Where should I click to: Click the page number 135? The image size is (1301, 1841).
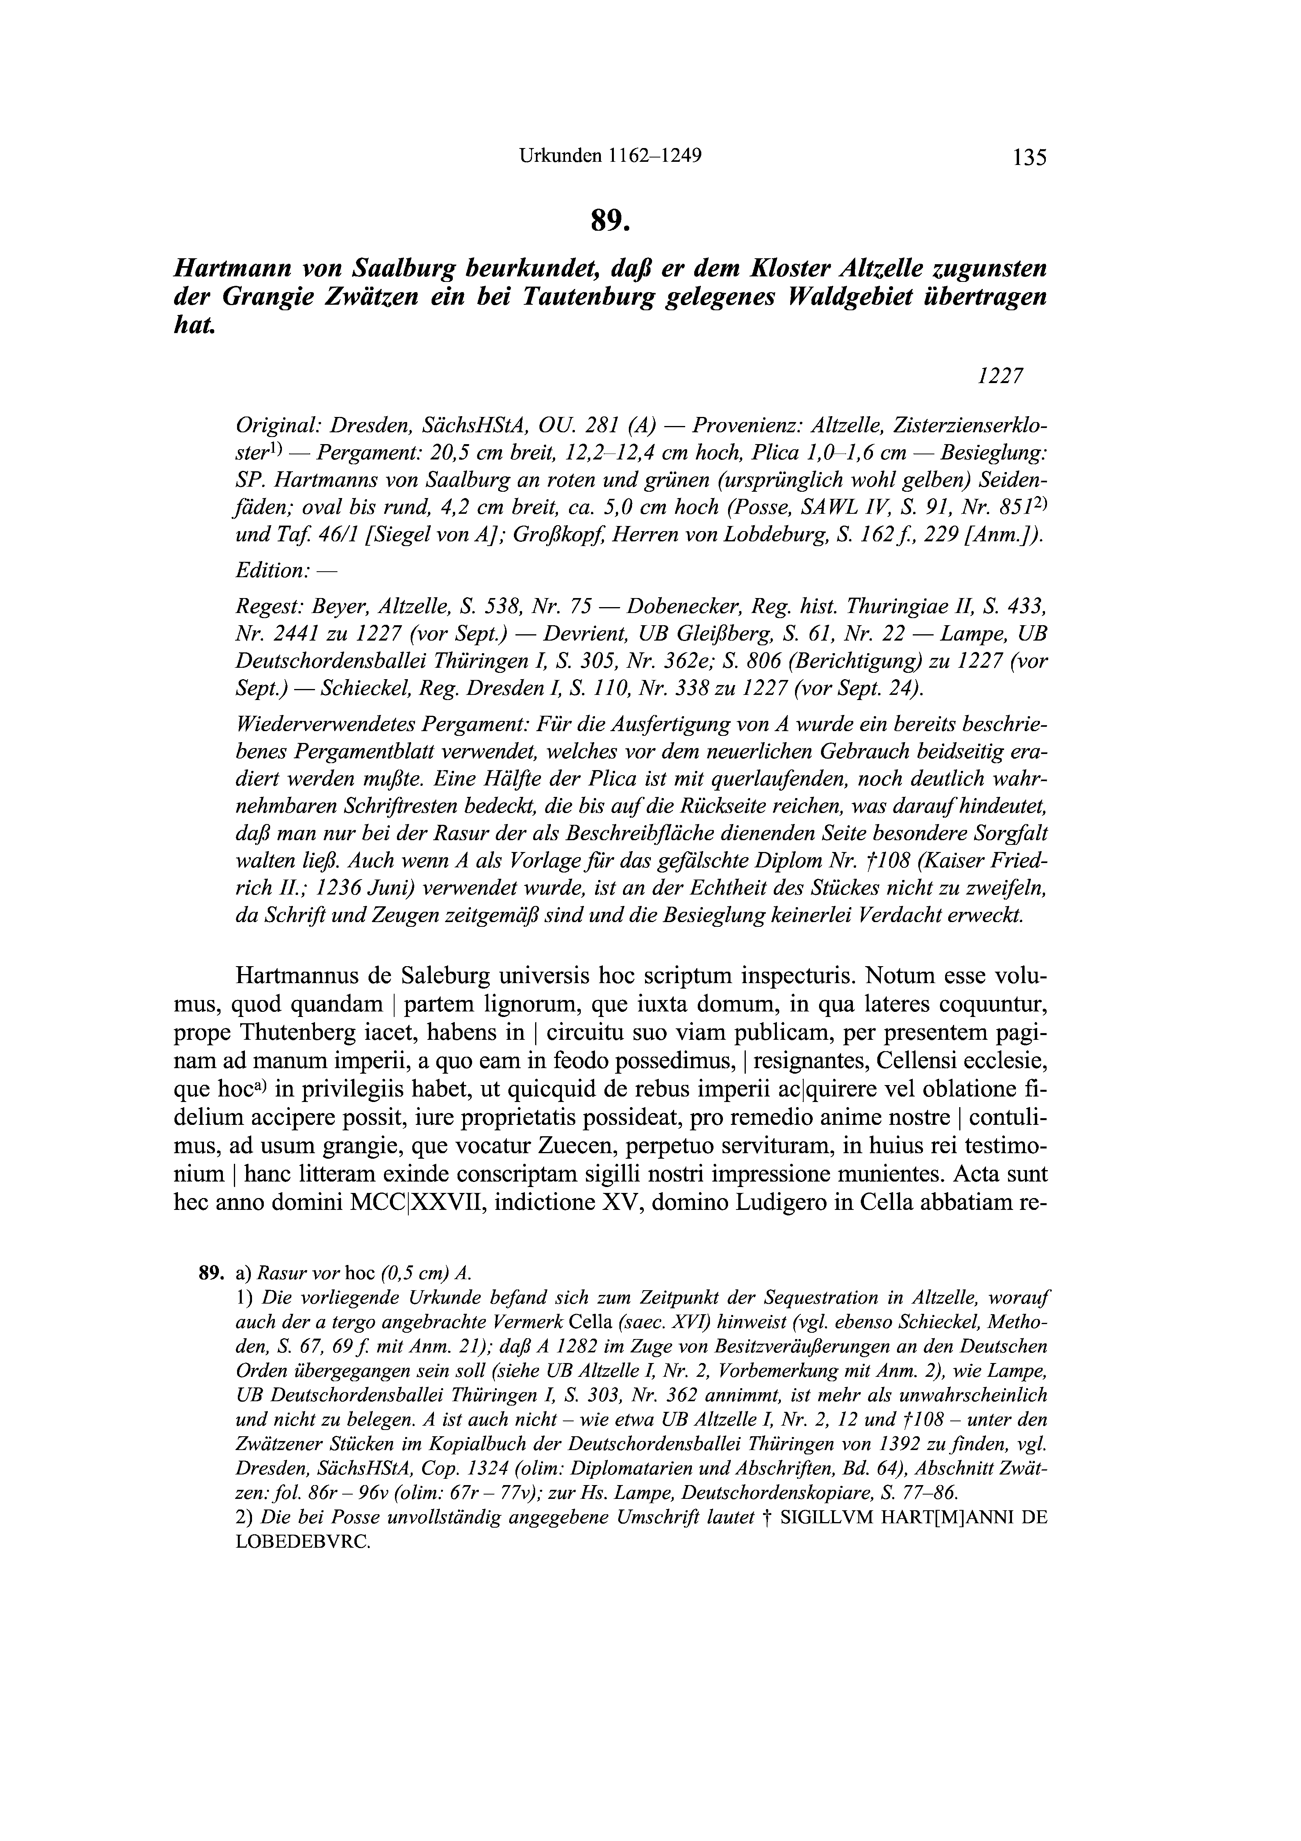[x=1029, y=157]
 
